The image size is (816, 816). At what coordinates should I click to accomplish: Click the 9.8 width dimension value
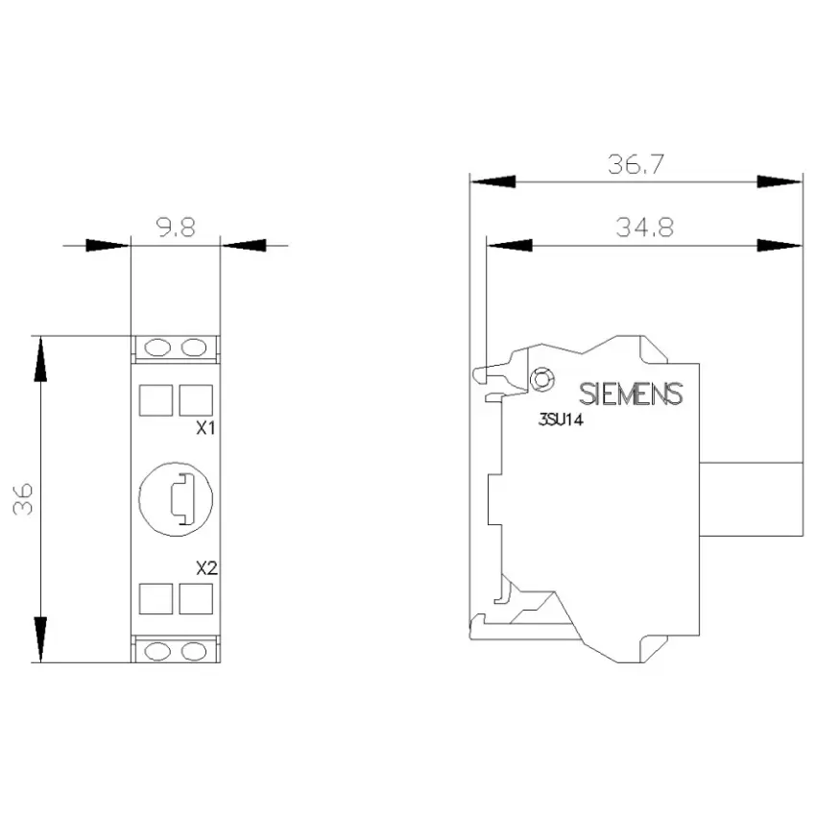[176, 228]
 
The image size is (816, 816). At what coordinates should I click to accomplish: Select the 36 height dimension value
[23, 499]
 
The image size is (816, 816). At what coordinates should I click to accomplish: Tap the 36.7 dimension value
[636, 164]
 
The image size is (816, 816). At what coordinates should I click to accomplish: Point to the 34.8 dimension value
[645, 228]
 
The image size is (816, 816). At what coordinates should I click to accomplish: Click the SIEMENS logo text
[631, 394]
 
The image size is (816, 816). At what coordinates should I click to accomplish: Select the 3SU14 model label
[561, 420]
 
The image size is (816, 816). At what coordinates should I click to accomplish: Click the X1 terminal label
[205, 428]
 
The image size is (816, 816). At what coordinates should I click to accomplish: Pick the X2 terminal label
[206, 568]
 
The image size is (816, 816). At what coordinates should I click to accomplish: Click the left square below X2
[156, 598]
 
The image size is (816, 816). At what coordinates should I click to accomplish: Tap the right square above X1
[196, 400]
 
